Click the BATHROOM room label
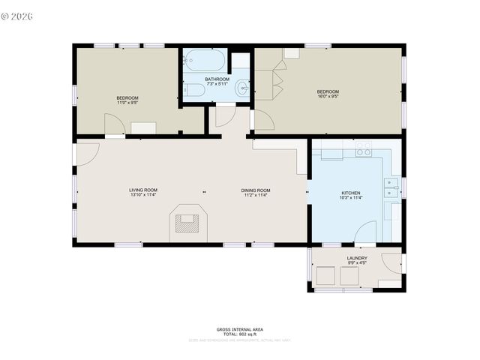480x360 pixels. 217,79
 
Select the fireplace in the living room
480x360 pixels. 187,221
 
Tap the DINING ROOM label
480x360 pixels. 256,190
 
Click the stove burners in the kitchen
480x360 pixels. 364,150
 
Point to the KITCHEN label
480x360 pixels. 351,193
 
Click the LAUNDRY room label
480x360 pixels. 357,258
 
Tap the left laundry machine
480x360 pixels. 325,276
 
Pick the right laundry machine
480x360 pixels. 350,276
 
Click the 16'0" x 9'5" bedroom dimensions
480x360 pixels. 328,96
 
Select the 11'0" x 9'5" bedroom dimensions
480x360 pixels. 127,103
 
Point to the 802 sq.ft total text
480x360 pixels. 240,334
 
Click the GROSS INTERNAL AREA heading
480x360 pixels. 240,329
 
